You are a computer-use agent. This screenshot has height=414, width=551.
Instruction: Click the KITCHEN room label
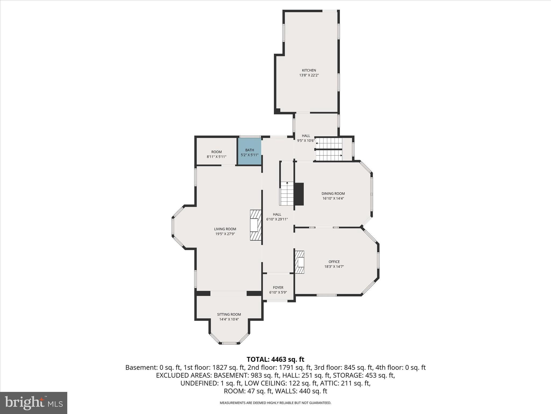[x=309, y=70]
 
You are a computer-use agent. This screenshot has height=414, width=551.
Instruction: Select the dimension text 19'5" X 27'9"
[x=225, y=234]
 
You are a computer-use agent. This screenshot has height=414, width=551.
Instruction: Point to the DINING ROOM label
[x=333, y=194]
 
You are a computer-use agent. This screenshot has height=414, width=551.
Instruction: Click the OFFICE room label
[x=334, y=262]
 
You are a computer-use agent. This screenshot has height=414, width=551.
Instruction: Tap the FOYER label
[x=278, y=288]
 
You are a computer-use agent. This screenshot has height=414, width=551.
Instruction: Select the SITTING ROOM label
[x=229, y=314]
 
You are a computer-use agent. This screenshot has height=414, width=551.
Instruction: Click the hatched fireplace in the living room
[x=256, y=225]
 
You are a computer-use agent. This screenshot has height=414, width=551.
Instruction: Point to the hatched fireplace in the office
[x=299, y=262]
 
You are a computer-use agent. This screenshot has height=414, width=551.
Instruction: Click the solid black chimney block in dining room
[x=299, y=194]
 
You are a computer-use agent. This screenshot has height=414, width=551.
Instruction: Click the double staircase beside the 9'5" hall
[x=329, y=149]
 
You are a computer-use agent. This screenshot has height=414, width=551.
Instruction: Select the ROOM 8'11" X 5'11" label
[x=216, y=154]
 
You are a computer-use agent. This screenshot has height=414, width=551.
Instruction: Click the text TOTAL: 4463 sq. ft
[x=275, y=359]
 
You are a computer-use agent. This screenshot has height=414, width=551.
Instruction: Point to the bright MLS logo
[x=34, y=403]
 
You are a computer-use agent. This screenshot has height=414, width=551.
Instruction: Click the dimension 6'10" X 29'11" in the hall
[x=277, y=219]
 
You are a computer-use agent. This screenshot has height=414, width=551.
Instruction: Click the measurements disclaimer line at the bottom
[x=275, y=403]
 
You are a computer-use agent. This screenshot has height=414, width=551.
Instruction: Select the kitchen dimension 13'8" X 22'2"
[x=309, y=75]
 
